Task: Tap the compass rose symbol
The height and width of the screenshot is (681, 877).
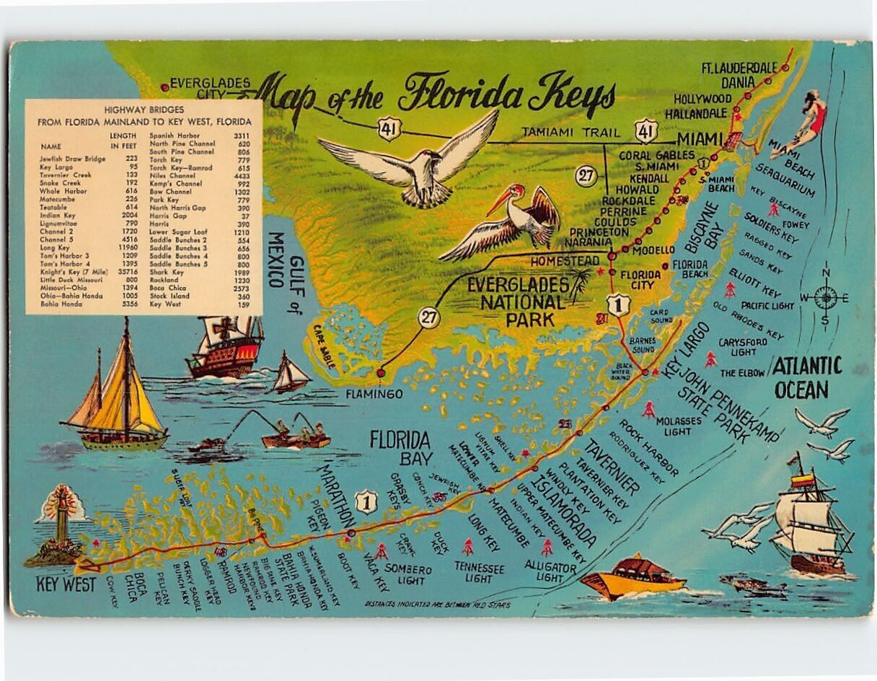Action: pos(826,297)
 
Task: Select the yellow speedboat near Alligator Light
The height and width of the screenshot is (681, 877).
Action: pos(633,576)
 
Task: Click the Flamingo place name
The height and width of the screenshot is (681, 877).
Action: pos(374,394)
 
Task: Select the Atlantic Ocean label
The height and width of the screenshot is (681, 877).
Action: pos(806,378)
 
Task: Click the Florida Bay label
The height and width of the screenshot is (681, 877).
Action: pos(400,447)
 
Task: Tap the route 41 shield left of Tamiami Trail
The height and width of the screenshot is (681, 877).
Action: pos(389,131)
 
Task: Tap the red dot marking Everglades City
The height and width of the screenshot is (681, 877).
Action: pos(165,87)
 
